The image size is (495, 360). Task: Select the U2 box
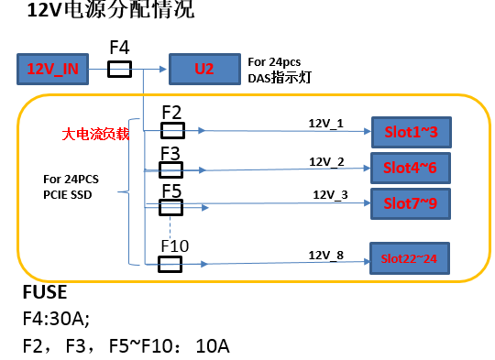click(x=204, y=68)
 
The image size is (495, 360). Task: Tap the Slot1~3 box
click(x=410, y=132)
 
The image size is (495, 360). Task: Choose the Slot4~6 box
click(x=410, y=167)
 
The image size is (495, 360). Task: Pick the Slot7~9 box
click(x=410, y=201)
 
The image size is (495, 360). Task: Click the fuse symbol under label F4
click(x=120, y=69)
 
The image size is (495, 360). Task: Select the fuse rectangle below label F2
click(x=170, y=130)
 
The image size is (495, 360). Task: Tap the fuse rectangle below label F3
click(x=170, y=169)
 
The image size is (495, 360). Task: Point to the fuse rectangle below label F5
click(x=170, y=208)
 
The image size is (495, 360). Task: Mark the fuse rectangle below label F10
click(x=170, y=264)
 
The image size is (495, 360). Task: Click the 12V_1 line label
click(x=325, y=121)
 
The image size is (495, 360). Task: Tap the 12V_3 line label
click(x=331, y=194)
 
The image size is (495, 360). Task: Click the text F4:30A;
click(x=58, y=321)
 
